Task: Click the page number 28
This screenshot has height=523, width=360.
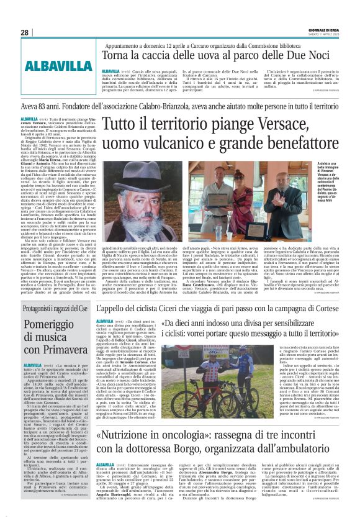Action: click(x=24, y=32)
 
